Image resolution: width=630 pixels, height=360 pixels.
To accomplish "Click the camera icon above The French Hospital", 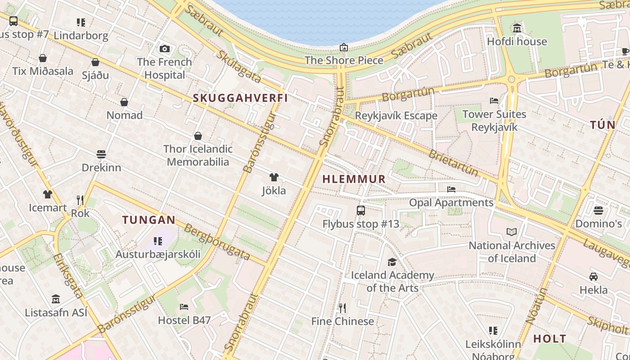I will (x=165, y=49).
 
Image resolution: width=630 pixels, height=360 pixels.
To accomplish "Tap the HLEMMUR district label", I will (x=354, y=179).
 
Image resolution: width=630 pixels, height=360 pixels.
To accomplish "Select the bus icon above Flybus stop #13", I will (x=360, y=210).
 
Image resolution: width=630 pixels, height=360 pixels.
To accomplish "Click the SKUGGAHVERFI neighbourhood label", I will (x=240, y=98).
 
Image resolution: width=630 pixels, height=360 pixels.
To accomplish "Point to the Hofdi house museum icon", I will (x=517, y=28).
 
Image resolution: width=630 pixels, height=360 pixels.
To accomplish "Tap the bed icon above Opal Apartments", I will (x=451, y=189).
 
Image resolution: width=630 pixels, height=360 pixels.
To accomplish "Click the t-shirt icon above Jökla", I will (x=274, y=177).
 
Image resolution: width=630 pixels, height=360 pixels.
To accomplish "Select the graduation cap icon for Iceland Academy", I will (x=392, y=262).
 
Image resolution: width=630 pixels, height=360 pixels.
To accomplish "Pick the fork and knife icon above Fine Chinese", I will (x=342, y=308).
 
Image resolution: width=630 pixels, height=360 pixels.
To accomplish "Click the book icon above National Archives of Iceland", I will (x=512, y=232).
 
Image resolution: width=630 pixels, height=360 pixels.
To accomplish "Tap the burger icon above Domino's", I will (x=598, y=210).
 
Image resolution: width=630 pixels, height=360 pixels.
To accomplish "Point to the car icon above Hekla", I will (x=594, y=277).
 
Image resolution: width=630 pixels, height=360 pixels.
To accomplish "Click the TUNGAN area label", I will (x=149, y=220).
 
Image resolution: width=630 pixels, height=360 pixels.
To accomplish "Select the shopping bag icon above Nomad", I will (x=124, y=102).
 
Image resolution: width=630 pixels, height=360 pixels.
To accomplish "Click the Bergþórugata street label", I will (x=217, y=242).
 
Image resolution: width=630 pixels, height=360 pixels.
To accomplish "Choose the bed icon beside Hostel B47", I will (x=184, y=307).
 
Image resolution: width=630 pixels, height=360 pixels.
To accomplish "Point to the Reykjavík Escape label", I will (x=396, y=116).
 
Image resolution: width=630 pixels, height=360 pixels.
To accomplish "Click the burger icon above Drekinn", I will (x=101, y=154).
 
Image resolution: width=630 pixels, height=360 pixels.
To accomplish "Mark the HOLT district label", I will (x=549, y=339).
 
